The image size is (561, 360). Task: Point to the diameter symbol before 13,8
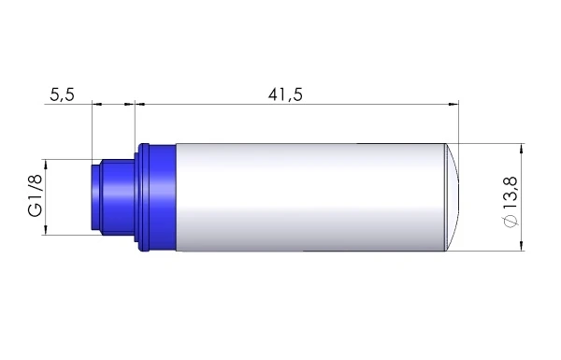[x=510, y=221]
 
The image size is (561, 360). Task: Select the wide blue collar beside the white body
[x=162, y=198]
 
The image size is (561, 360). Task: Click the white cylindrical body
[x=309, y=198]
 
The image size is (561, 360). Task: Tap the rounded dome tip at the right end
[x=453, y=198]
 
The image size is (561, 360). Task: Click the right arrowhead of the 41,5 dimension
[x=455, y=104]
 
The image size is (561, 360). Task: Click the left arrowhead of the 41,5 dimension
[x=141, y=104]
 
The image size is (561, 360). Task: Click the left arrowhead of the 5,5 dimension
[x=96, y=104]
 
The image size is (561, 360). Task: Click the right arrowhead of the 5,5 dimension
[x=132, y=104]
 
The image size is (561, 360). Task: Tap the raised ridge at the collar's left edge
[x=143, y=198]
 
